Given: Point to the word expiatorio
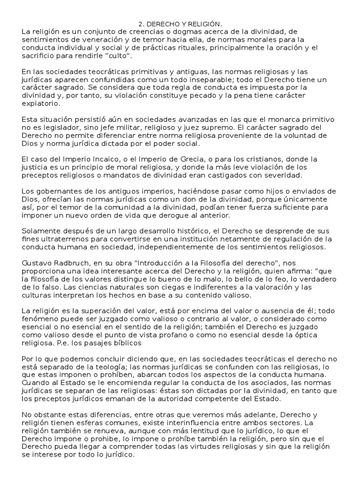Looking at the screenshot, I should [x=40, y=104].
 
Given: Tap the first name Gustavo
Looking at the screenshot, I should [x=39, y=263].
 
